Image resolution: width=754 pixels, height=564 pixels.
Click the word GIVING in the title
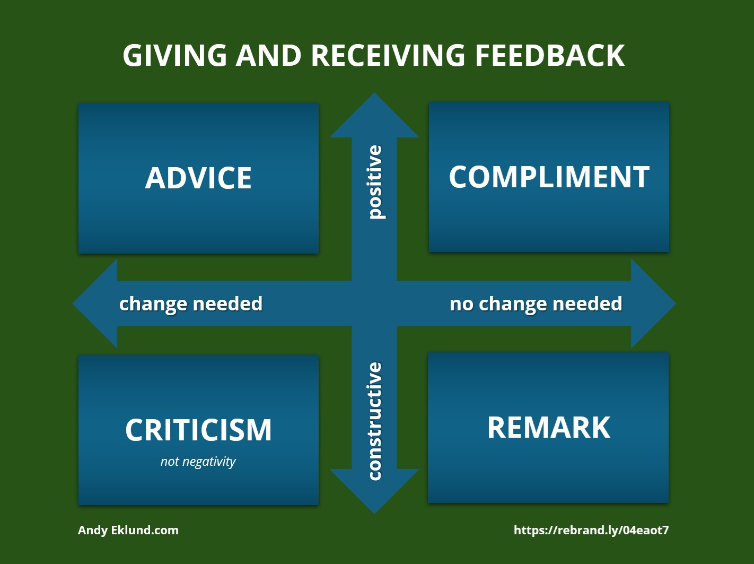(x=175, y=55)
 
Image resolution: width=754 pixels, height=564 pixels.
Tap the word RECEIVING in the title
(x=388, y=55)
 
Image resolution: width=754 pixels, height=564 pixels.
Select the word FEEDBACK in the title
(x=550, y=55)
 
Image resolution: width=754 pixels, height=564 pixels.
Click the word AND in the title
(x=269, y=55)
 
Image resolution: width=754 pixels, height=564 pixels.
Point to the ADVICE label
(x=198, y=178)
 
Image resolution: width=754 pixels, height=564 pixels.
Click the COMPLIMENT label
(x=549, y=177)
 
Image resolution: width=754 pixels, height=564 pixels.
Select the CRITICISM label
(x=198, y=430)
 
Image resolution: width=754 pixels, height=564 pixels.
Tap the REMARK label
(x=549, y=427)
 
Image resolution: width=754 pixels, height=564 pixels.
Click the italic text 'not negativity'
(x=198, y=461)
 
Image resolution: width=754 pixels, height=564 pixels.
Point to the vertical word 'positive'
(x=375, y=182)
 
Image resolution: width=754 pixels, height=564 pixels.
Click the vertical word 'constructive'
(x=374, y=421)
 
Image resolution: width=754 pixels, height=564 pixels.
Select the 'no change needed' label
(x=536, y=304)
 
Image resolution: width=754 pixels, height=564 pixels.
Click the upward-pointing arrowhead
(x=374, y=115)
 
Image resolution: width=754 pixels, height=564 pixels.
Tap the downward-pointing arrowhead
(x=374, y=491)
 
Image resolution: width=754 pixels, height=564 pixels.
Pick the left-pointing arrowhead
(x=95, y=303)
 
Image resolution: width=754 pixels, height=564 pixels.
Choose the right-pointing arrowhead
(x=653, y=303)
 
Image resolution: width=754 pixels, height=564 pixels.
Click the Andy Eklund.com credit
(x=128, y=530)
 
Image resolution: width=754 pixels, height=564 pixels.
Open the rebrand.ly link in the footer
(x=591, y=530)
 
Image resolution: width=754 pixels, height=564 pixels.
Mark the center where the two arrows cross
(x=374, y=303)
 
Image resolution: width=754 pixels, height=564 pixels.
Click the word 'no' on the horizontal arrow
(x=461, y=305)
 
